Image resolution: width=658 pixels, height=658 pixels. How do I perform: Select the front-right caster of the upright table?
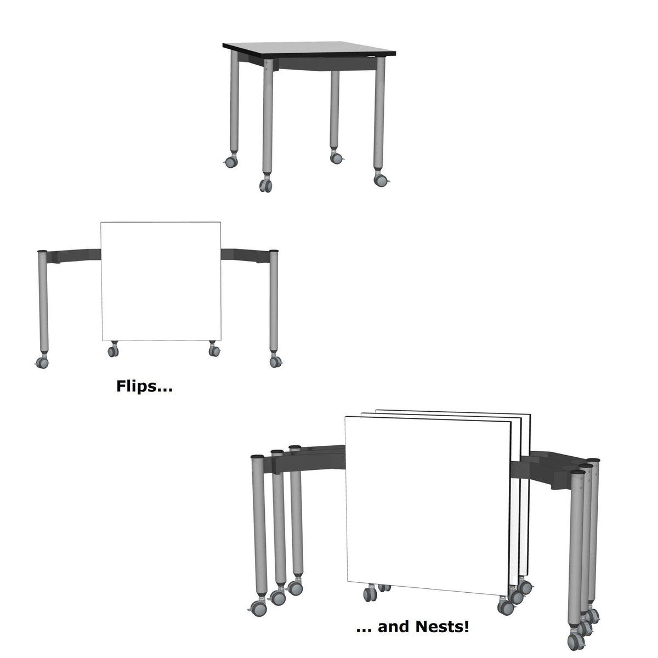tap(380, 179)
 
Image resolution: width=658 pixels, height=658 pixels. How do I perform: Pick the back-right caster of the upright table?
tap(336, 157)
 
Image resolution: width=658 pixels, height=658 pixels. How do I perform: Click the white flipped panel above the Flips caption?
tap(161, 281)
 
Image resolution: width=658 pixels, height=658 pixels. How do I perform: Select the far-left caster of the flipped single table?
tap(41, 362)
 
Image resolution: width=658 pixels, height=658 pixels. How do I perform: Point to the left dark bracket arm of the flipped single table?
tap(74, 256)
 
